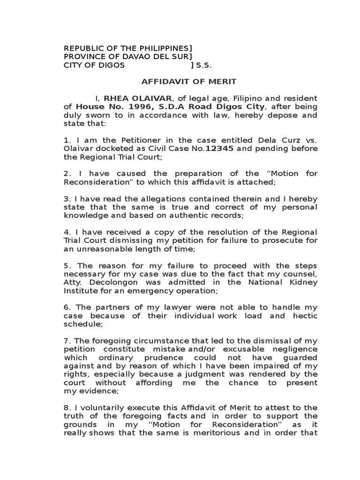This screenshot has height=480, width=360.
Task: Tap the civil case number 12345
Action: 220,149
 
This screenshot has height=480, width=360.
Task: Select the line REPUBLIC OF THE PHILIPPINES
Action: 127,48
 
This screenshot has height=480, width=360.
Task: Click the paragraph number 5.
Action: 66,265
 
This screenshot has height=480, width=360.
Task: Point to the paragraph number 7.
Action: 66,341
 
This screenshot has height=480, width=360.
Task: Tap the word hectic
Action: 305,316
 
